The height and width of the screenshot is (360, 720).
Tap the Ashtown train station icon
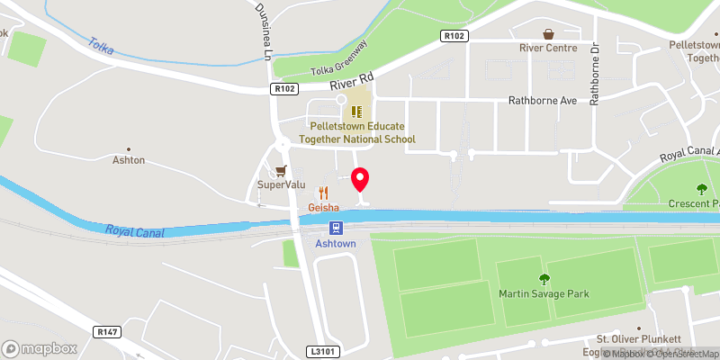(x=335, y=228)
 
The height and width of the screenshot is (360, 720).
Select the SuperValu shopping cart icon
(x=282, y=170)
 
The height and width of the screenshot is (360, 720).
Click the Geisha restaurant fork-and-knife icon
(x=323, y=193)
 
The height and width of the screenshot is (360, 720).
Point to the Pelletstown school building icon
(x=356, y=112)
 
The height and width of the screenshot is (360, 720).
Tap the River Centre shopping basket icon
(x=547, y=33)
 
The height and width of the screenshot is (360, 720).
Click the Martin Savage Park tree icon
(x=544, y=279)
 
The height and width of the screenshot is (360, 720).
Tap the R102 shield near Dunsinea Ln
(x=285, y=89)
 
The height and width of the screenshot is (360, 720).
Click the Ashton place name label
(x=128, y=160)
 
